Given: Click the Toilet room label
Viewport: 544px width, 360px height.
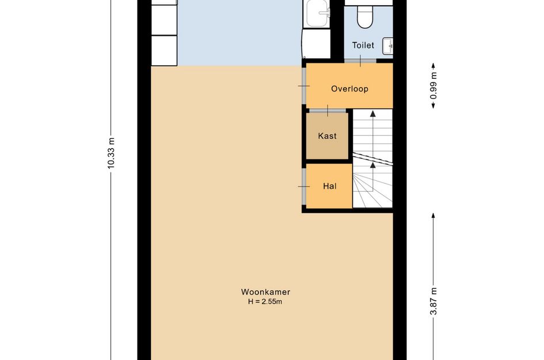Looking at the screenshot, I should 363,45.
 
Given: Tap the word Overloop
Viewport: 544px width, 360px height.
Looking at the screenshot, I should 349,89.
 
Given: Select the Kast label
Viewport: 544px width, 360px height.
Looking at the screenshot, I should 327,136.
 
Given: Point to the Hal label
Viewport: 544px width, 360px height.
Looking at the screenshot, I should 329,186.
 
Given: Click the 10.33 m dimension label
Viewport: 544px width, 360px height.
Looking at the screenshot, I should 111,153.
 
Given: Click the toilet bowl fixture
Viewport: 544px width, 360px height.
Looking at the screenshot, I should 364,17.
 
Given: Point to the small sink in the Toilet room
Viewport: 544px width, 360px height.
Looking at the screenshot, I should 389,44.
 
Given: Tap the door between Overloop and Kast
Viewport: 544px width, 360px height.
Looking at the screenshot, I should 328,109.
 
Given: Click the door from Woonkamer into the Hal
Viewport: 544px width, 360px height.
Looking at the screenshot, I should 303,186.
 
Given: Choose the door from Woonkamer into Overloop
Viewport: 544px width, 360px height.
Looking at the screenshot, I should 303,86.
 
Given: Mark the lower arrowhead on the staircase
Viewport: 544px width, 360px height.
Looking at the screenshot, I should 372,165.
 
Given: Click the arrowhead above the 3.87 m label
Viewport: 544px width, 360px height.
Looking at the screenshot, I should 433,215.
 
